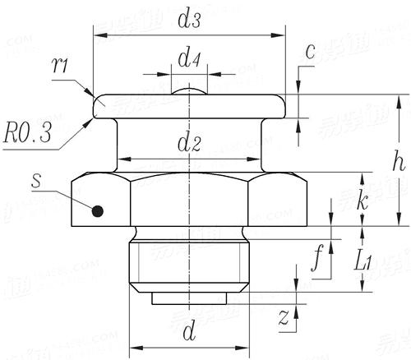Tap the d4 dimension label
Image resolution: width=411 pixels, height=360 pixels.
point(190,60)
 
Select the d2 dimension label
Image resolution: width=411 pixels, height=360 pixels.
point(190,145)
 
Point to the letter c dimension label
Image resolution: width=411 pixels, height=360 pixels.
point(310,51)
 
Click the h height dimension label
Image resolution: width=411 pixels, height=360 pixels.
point(398,162)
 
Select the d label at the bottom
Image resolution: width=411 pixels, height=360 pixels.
point(189,333)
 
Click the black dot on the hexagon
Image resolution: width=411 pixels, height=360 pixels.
point(98,210)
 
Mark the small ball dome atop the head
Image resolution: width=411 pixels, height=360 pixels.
point(190,90)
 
